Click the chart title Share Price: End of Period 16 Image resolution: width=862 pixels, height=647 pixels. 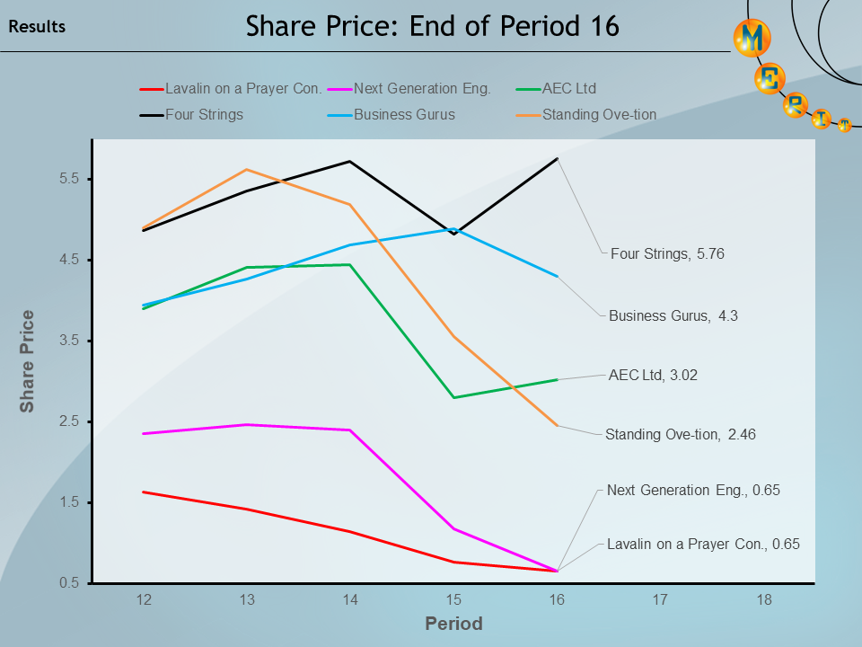pyautogui.click(x=432, y=26)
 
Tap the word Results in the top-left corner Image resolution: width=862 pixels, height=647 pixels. pyautogui.click(x=37, y=27)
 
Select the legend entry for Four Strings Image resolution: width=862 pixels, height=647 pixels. pyautogui.click(x=204, y=114)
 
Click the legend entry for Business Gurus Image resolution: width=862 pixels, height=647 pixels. pyautogui.click(x=404, y=114)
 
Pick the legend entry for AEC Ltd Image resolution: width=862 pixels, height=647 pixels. pyautogui.click(x=568, y=88)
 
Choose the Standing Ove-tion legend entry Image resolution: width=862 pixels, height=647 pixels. pyautogui.click(x=599, y=114)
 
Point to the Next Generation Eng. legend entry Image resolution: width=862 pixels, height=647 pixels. pyautogui.click(x=422, y=88)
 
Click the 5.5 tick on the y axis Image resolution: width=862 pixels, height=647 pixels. pyautogui.click(x=69, y=179)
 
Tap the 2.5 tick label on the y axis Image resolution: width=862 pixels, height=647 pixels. pyautogui.click(x=69, y=421)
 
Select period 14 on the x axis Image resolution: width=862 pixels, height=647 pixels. pyautogui.click(x=350, y=599)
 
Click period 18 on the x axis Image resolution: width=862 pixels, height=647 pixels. pyautogui.click(x=763, y=599)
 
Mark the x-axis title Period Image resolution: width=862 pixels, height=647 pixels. pyautogui.click(x=453, y=624)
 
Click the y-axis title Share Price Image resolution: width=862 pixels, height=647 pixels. pyautogui.click(x=28, y=361)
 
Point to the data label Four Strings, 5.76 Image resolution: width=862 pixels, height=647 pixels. pyautogui.click(x=667, y=254)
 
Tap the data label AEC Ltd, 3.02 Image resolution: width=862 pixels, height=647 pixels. pyautogui.click(x=653, y=376)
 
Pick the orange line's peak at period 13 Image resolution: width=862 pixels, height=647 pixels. pyautogui.click(x=247, y=170)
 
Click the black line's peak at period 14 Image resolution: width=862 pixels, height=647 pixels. pyautogui.click(x=350, y=162)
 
